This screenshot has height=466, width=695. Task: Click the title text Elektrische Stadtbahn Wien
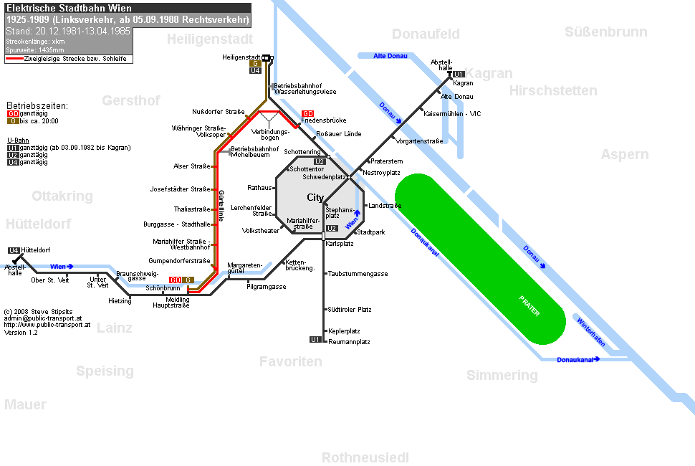pos(69,8)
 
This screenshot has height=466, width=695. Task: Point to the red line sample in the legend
pos(14,59)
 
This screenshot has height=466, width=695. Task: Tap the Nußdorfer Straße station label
pos(218,112)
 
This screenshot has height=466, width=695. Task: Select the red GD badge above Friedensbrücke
pos(307,113)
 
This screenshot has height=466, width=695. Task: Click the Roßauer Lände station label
pos(339,134)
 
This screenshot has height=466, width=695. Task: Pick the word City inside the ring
pos(315,197)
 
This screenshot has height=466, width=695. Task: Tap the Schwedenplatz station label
pos(324,177)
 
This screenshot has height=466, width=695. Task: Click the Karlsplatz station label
pos(339,244)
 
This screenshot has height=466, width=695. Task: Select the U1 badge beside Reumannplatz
pos(315,340)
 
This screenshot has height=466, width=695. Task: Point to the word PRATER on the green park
pos(529,306)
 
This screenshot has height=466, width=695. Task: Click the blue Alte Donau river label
pos(390,56)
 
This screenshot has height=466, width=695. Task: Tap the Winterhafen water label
pos(590,332)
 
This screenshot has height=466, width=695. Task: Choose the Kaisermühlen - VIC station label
pos(452,114)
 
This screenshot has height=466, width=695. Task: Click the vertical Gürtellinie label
pos(221,206)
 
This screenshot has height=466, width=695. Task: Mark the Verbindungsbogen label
pos(270,134)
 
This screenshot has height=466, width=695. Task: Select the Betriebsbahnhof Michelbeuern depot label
pos(255,152)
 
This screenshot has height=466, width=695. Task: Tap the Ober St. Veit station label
pos(50,280)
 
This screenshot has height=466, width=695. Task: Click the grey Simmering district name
pos(502,375)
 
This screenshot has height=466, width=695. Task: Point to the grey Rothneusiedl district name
pos(365,457)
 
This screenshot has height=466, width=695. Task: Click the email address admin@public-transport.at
pos(43,318)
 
